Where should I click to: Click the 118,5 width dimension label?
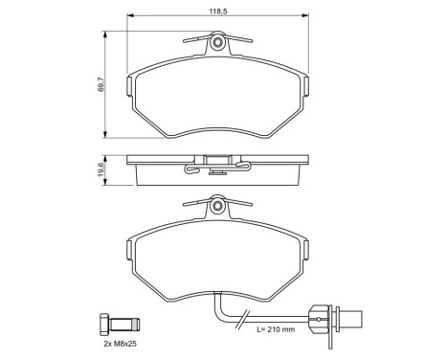click(218, 11)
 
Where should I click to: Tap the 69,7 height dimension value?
click(101, 85)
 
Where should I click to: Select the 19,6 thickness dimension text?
click(101, 169)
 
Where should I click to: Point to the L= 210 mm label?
click(276, 329)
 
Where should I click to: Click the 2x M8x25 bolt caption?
click(120, 345)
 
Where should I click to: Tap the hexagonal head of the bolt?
click(104, 325)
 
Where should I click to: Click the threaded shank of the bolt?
click(124, 325)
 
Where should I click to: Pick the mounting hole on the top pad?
click(218, 42)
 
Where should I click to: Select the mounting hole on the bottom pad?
click(218, 205)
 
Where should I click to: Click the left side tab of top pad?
click(130, 86)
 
